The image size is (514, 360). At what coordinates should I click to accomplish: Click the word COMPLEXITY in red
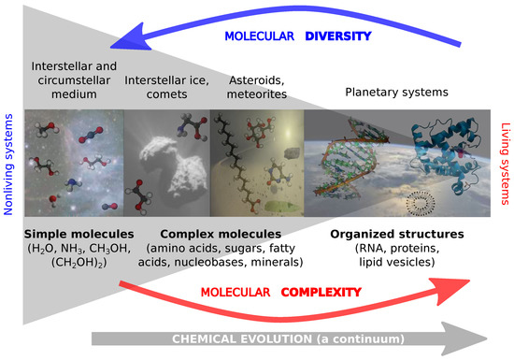click(x=323, y=293)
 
